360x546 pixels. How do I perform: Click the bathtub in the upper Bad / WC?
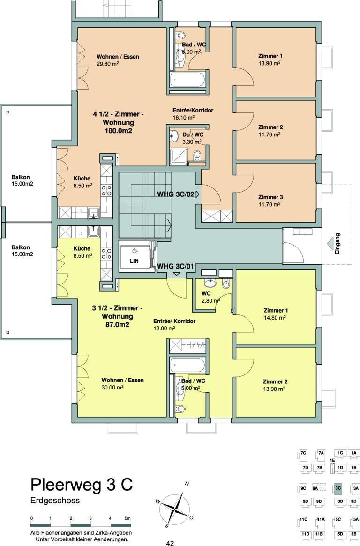(x=187, y=79)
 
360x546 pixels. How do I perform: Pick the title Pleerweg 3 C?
(x=82, y=484)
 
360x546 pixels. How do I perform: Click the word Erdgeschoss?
(x=55, y=501)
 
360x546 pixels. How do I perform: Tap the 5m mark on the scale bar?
(x=127, y=518)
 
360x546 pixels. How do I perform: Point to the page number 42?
(x=170, y=543)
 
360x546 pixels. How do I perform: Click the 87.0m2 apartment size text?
(x=117, y=324)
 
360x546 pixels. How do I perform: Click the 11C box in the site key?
(x=303, y=520)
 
